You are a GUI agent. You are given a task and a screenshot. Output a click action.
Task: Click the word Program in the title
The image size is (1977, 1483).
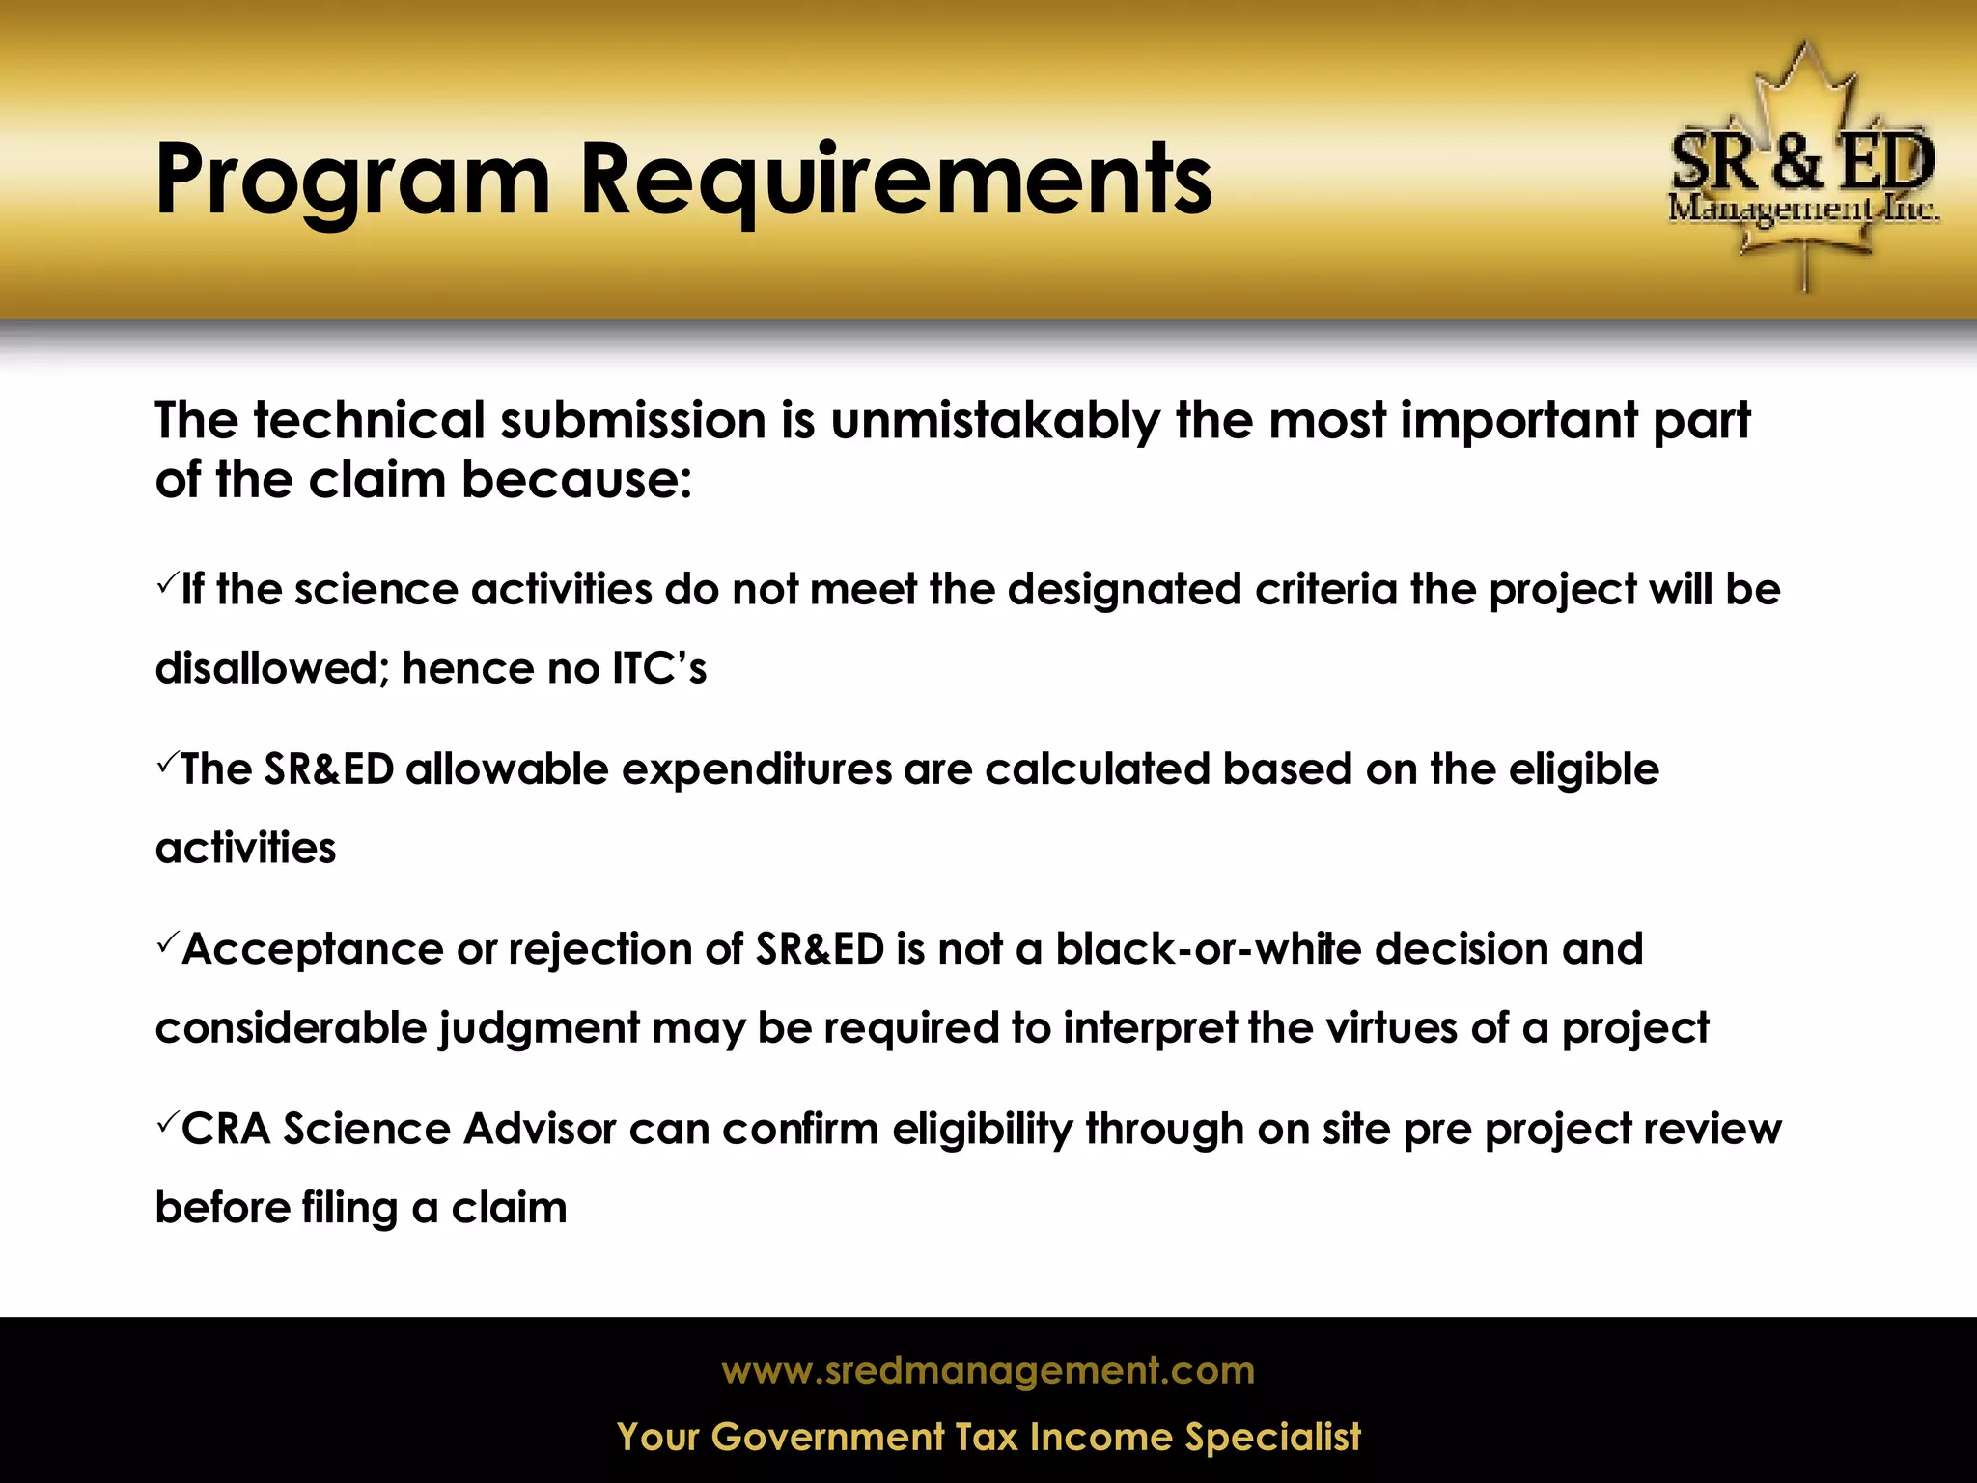point(352,181)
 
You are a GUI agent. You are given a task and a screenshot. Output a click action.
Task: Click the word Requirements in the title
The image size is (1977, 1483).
point(895,181)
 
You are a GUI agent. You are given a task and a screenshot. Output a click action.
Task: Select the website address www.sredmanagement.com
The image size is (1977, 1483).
point(988,1371)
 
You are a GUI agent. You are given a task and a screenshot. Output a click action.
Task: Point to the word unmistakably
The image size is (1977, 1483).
point(994,421)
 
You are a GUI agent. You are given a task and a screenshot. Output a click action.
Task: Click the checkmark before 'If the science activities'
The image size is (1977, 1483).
point(166,582)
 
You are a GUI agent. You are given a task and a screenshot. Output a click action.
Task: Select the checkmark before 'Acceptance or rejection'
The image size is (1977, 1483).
point(166,941)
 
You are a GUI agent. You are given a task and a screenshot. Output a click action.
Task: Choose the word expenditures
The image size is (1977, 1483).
point(756,769)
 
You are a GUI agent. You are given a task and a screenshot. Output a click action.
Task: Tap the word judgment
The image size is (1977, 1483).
point(540,1029)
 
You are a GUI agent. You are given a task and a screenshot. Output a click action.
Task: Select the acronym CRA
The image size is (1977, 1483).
point(226,1130)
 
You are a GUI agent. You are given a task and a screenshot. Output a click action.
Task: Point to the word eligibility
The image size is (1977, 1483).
point(982,1130)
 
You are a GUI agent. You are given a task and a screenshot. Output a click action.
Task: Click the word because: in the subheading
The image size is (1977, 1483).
point(576,480)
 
